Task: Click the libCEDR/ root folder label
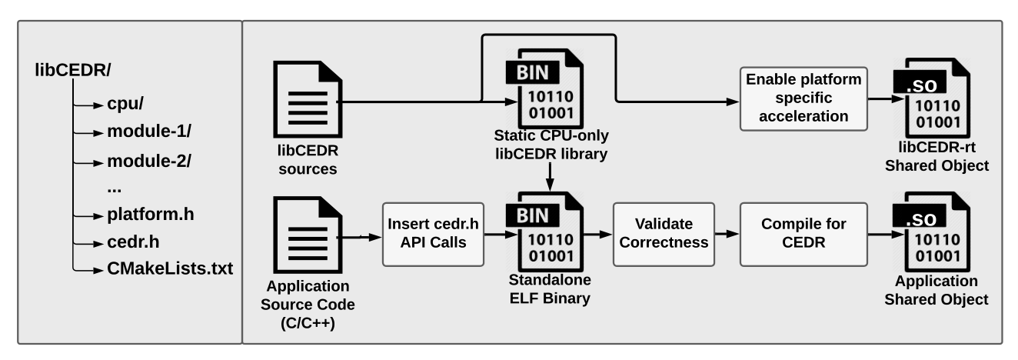point(73,70)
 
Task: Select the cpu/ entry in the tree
point(125,104)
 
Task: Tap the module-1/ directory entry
point(149,132)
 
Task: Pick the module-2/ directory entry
point(149,161)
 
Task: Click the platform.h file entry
point(151,214)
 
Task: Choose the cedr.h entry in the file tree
point(133,242)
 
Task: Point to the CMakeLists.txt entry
point(170,268)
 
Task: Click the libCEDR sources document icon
point(308,99)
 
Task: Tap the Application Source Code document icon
point(308,235)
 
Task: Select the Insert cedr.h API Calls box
point(433,234)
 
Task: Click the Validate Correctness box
point(664,234)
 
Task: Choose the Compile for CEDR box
point(803,234)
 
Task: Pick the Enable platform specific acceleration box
point(803,98)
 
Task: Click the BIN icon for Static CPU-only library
point(544,88)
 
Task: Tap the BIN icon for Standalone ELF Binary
point(544,232)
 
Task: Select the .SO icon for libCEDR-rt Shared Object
point(932,98)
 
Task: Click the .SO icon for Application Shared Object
point(932,232)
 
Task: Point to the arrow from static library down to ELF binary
point(550,177)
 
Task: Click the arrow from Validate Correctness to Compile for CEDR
point(727,234)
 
